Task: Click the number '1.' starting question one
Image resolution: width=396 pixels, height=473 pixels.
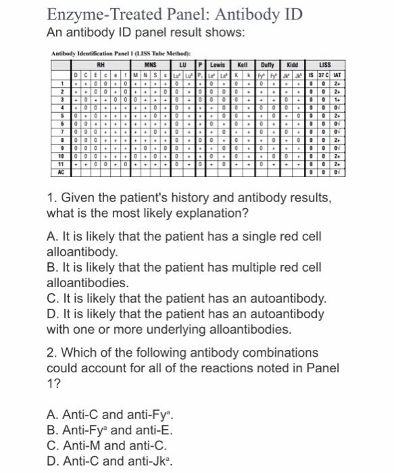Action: [51, 198]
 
